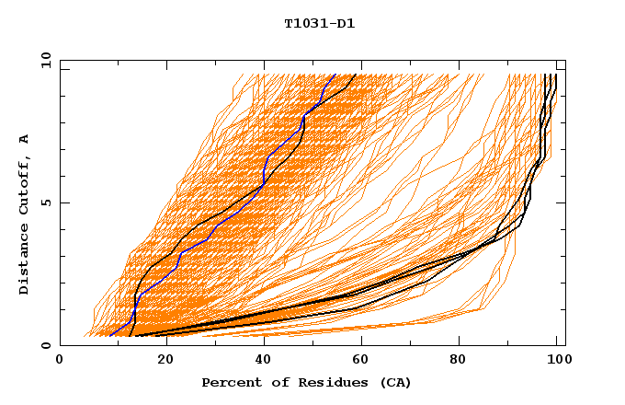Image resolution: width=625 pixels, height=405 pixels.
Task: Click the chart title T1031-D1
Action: pyautogui.click(x=319, y=23)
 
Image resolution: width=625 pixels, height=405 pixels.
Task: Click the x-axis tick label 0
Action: pyautogui.click(x=60, y=360)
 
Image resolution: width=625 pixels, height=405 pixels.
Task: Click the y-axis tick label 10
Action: pyautogui.click(x=45, y=60)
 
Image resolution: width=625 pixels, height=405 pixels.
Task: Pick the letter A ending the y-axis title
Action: pyautogui.click(x=25, y=138)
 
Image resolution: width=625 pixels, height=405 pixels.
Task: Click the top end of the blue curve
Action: pyautogui.click(x=335, y=75)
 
